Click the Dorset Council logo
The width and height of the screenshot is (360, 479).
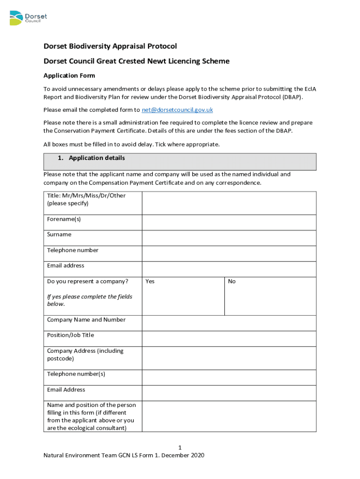(28, 18)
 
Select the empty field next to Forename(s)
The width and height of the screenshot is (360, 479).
(229, 222)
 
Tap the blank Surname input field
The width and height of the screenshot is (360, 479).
(229, 238)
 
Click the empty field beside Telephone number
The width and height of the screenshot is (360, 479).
(229, 254)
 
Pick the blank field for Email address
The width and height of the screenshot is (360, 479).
(229, 269)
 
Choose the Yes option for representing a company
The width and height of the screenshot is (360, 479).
(150, 282)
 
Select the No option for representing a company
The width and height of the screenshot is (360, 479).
(232, 282)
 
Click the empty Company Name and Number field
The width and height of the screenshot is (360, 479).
(229, 323)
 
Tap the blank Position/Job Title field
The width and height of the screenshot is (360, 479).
(229, 339)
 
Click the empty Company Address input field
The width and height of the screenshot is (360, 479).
(229, 358)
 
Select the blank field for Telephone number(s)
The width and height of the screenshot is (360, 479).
(229, 377)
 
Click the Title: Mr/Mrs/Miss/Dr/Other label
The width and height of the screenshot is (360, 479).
(86, 196)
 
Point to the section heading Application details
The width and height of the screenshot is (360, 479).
(97, 158)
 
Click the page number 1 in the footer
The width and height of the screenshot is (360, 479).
(186, 448)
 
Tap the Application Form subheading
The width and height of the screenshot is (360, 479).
(69, 75)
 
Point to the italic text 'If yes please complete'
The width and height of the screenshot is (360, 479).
(89, 297)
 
